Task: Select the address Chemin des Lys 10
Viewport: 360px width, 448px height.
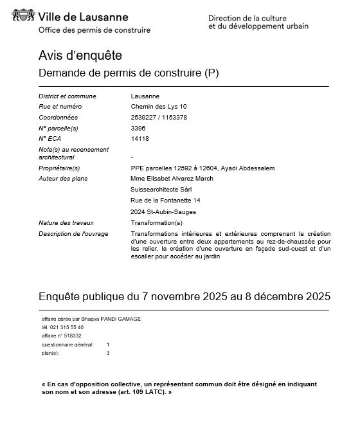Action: click(x=159, y=107)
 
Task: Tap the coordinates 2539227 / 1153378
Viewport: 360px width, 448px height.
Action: click(x=159, y=118)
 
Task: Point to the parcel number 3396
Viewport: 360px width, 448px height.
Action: click(x=138, y=128)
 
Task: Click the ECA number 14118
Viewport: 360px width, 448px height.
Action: click(x=139, y=138)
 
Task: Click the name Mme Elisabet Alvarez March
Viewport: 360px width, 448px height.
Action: click(x=172, y=179)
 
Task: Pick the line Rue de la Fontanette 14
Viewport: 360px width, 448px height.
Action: click(x=165, y=201)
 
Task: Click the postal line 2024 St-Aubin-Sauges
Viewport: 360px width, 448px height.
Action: click(x=163, y=212)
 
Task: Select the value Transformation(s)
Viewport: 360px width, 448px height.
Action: click(x=156, y=223)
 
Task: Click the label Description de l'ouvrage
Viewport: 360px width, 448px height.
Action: click(x=73, y=233)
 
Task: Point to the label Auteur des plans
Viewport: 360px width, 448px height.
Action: click(x=63, y=179)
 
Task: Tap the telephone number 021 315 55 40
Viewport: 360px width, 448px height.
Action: click(x=67, y=327)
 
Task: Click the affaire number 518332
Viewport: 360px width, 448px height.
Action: click(x=71, y=336)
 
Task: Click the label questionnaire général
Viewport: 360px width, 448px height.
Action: click(x=67, y=345)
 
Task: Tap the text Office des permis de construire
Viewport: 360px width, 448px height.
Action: click(x=94, y=30)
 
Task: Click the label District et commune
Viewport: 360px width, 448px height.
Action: click(x=67, y=96)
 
